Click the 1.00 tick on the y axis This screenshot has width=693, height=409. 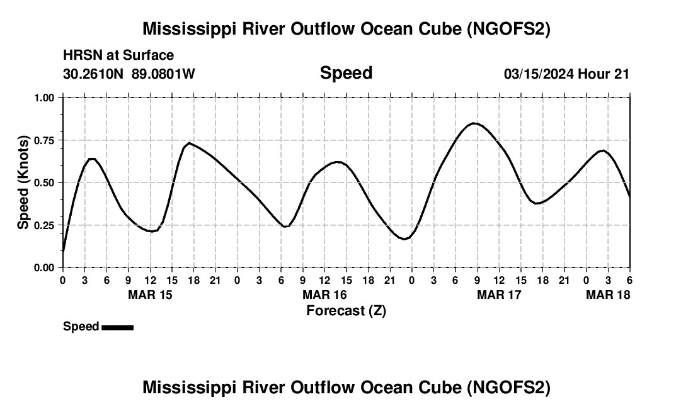(x=45, y=98)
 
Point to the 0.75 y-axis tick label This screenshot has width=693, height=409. (x=45, y=140)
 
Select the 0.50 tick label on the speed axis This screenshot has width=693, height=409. (x=45, y=182)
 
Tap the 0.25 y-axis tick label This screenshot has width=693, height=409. (x=45, y=225)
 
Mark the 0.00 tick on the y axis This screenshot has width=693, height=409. (x=45, y=267)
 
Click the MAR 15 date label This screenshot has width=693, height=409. (x=150, y=294)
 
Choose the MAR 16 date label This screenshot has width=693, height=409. (x=324, y=294)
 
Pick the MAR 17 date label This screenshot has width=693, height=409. (x=499, y=294)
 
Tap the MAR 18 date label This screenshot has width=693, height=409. (x=608, y=294)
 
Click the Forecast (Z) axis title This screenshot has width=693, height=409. (x=346, y=310)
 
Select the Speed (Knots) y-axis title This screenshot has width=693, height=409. (x=23, y=182)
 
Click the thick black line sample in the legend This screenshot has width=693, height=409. (x=117, y=327)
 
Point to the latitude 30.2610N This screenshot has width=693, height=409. (x=94, y=74)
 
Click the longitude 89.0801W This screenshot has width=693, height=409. (x=163, y=74)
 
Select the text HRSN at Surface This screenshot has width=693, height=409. (x=118, y=56)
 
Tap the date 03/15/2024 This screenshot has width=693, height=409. (x=539, y=74)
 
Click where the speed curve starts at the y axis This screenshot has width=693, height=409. (x=63, y=252)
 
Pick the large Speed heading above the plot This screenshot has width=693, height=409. (x=346, y=73)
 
